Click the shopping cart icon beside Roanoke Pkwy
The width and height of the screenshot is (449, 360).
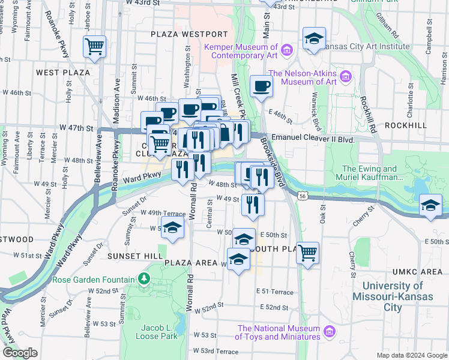tap(95, 46)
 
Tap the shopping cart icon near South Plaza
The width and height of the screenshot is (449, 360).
tap(307, 253)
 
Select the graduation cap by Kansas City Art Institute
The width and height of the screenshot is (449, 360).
tap(313, 39)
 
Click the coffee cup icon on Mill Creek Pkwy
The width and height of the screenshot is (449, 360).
tap(261, 86)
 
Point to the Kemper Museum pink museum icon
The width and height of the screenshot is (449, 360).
tap(287, 49)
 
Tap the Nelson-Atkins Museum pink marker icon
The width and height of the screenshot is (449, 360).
tap(345, 76)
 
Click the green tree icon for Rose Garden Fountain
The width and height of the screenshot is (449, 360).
tap(143, 278)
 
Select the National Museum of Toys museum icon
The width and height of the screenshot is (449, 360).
tap(329, 331)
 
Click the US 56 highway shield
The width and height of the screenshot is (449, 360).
tap(304, 196)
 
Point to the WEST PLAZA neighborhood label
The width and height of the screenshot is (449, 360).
tap(63, 73)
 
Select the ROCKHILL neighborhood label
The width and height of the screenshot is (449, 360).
tap(405, 125)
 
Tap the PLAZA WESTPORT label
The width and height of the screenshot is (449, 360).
tap(189, 34)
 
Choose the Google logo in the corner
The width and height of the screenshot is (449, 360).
tap(20, 353)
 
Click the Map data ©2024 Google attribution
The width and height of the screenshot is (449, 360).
tap(411, 355)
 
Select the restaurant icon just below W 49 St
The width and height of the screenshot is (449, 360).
tap(253, 205)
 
